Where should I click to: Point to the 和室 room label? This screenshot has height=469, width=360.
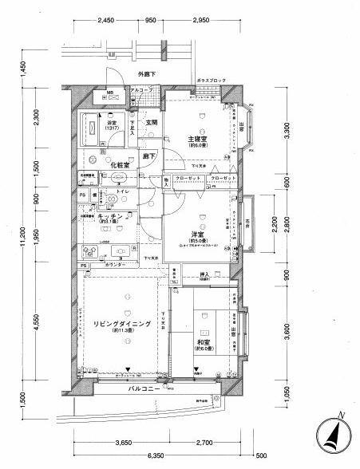[x=202, y=344]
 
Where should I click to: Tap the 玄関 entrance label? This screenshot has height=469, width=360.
[x=152, y=123]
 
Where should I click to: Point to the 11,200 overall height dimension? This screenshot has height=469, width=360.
[x=11, y=239]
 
